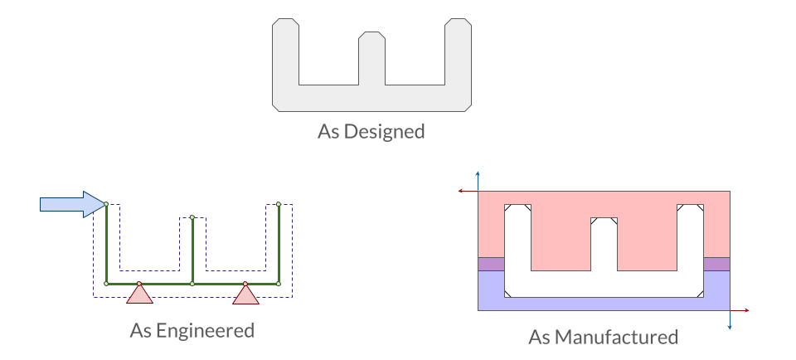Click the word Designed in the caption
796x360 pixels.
(384, 132)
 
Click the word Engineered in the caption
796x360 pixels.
(205, 330)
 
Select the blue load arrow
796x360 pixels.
(73, 205)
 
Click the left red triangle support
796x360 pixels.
(139, 294)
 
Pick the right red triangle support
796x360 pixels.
(245, 294)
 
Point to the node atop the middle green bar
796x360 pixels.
(192, 217)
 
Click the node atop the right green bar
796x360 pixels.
(279, 204)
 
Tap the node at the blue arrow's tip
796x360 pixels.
(106, 204)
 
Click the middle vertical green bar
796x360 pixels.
(192, 251)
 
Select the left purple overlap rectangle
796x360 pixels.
(492, 264)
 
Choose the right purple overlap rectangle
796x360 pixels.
(716, 264)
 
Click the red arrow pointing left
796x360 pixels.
(468, 191)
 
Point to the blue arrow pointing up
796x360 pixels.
(478, 182)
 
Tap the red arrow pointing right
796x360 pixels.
(740, 310)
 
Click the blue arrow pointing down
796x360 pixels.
(730, 320)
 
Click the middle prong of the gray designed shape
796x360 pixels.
(372, 58)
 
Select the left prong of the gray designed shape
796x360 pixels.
(286, 51)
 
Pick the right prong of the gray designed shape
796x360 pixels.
(459, 51)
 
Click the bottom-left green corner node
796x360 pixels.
(106, 284)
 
